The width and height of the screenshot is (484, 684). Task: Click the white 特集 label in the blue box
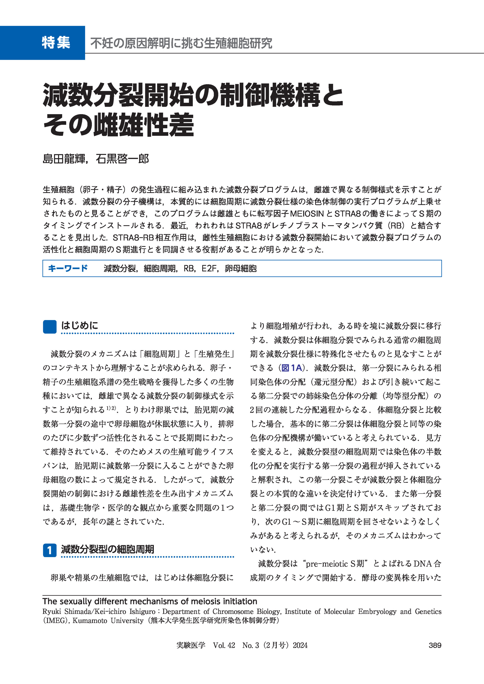tap(56, 43)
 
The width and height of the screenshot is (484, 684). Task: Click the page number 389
tap(435, 645)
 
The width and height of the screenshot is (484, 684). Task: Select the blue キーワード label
tap(68, 268)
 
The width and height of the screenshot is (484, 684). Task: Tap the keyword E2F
tap(209, 268)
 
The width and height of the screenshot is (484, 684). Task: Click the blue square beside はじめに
tap(49, 327)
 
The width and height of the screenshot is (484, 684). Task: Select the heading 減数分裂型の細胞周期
tap(107, 549)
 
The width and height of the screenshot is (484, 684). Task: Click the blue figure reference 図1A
tap(292, 368)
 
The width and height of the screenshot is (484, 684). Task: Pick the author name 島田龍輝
tap(64, 159)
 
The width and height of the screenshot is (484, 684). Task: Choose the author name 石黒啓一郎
tap(122, 159)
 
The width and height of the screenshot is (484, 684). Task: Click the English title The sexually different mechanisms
tap(150, 601)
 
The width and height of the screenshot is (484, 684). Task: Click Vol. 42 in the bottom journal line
tap(224, 645)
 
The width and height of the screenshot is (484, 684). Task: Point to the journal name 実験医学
tap(191, 645)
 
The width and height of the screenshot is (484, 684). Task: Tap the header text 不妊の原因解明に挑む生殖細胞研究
tap(181, 43)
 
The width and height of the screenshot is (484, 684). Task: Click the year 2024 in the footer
tap(300, 645)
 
